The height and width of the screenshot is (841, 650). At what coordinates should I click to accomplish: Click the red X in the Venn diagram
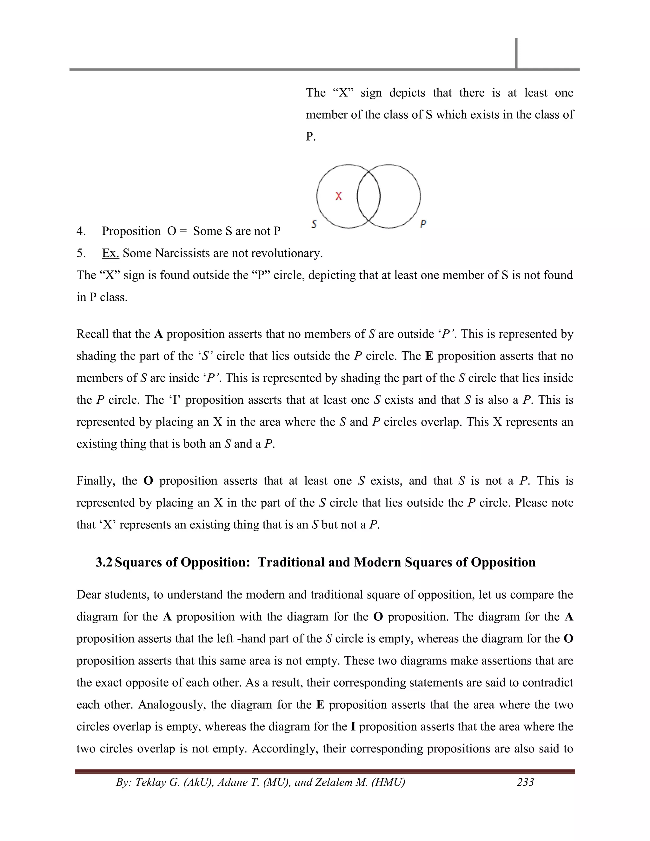point(338,196)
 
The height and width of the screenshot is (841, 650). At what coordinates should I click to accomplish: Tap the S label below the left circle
point(314,224)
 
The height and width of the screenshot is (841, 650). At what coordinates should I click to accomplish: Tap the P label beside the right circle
point(423,224)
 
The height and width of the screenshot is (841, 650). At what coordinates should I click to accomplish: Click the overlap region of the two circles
point(368,196)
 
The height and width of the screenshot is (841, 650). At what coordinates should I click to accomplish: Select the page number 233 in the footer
point(525,782)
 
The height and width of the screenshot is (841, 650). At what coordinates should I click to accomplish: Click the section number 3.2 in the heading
point(104,562)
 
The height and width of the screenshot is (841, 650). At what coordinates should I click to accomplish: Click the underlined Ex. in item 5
point(110,253)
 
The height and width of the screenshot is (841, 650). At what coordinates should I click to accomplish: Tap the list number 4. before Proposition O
point(81,231)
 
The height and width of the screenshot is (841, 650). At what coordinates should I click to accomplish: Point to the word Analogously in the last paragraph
point(171,705)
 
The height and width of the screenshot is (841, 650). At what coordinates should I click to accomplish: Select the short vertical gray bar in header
point(516,54)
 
